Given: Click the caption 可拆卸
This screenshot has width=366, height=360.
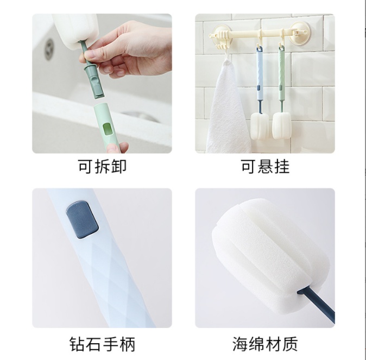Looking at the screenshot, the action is (102, 167).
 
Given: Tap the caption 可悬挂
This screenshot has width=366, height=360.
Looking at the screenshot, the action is (265, 167).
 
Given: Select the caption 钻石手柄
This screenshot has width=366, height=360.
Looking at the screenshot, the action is (102, 344).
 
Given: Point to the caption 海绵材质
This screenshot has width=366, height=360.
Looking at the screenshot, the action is (265, 344).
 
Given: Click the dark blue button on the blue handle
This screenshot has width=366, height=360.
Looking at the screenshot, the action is (82, 220).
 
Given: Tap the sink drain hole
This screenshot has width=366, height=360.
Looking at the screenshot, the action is (49, 49).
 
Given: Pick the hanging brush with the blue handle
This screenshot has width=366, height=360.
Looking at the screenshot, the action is (260, 93).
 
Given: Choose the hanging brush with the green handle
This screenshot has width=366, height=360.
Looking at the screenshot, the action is (281, 92).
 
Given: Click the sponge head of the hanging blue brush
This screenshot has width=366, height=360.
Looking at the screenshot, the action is (260, 127).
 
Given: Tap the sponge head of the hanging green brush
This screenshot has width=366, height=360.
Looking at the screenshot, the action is (282, 125).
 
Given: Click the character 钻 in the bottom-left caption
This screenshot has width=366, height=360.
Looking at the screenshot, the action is (77, 344).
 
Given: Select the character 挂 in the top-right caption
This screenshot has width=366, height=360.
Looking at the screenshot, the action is (282, 167).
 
